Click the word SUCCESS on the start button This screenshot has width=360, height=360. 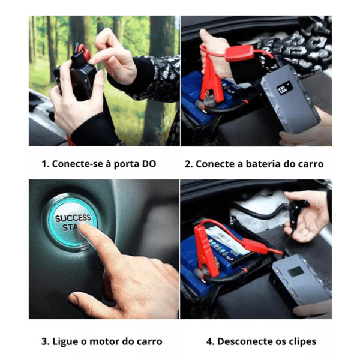(73, 218)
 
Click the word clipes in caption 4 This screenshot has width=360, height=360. (302, 342)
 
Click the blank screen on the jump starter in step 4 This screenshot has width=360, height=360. (296, 272)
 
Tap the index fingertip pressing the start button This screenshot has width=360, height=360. (82, 227)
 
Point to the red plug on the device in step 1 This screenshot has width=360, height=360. (85, 52)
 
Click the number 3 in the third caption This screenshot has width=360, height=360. (44, 341)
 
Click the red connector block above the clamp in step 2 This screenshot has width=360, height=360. (239, 53)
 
